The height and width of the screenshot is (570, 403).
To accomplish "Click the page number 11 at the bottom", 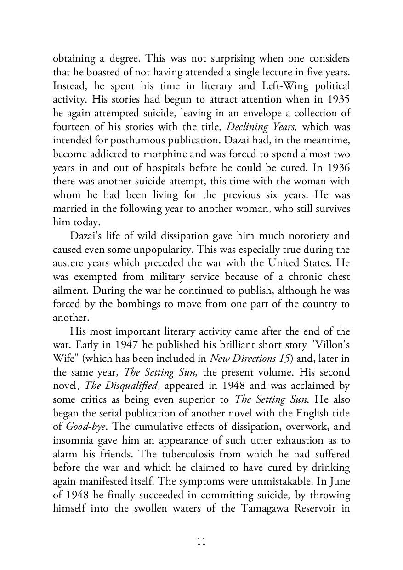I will point(201,541).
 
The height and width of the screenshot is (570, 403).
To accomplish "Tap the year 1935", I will point(339,100).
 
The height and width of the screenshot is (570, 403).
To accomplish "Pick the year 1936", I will point(339,168).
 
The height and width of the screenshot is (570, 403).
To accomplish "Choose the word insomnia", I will point(72,440).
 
